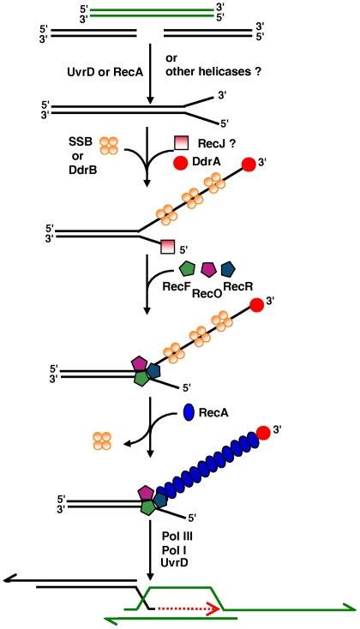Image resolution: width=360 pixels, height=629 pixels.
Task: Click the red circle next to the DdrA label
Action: pyautogui.click(x=181, y=162)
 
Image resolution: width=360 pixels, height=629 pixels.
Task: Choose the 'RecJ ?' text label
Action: pyautogui.click(x=214, y=141)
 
